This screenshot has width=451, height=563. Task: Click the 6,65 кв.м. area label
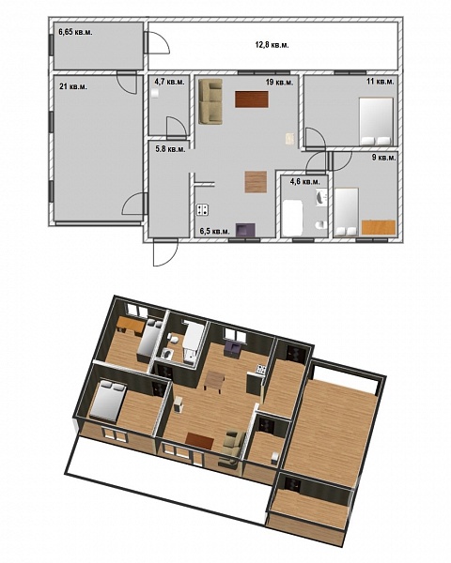pos(75,32)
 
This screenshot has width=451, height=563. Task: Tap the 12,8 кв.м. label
pos(272,45)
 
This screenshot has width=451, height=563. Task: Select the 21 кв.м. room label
pos(73,86)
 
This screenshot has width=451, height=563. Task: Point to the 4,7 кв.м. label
pos(169,82)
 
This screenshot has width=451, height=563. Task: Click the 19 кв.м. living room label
pos(279,83)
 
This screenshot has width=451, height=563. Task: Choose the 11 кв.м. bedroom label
pos(381,82)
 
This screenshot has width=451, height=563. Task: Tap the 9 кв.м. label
pos(384,158)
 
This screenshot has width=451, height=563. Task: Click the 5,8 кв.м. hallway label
pos(170,149)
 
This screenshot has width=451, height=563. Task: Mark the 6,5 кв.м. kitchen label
pos(214,231)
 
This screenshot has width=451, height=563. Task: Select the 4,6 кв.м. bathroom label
pos(304,182)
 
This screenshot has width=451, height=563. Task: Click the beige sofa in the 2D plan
pos(210,101)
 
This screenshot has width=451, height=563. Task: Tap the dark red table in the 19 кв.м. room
pos(252,99)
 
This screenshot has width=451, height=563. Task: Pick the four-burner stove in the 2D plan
pos(203,209)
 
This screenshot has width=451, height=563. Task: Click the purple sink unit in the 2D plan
pos(245,230)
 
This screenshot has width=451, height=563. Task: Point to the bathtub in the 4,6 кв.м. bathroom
pos(291,219)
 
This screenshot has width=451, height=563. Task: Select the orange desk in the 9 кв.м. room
pos(379,228)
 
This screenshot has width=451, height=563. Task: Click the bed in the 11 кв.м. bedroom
pos(376,122)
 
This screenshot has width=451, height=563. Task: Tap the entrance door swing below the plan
pos(165,253)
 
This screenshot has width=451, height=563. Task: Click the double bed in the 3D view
pos(108,402)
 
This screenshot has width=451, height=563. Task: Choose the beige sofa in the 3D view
pos(232,445)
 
